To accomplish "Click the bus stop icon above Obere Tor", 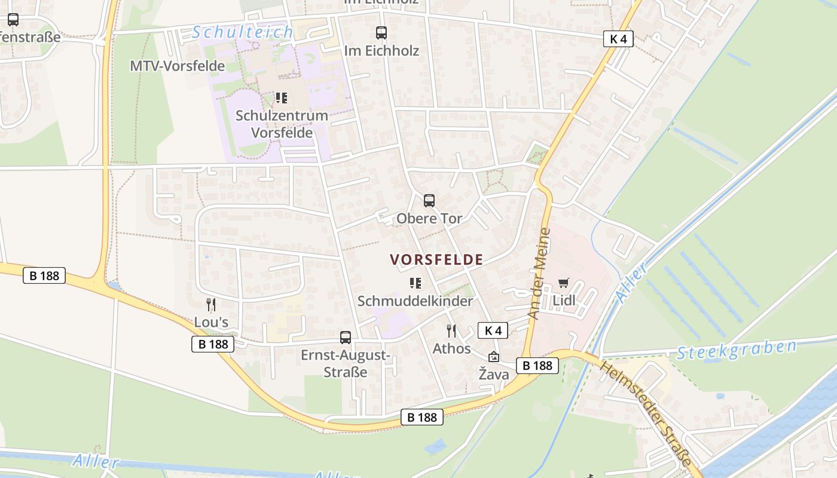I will (x=429, y=201).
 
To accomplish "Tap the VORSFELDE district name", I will (x=436, y=259).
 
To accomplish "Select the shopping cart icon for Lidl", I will (x=564, y=283).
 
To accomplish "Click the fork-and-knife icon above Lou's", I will (x=211, y=305).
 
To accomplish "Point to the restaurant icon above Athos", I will (x=451, y=330).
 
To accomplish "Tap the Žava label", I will (x=494, y=375).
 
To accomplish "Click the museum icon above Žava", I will (x=494, y=357).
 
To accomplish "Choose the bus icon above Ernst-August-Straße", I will (x=346, y=338).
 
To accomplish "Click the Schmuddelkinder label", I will (x=415, y=301).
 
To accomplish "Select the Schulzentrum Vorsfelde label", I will (x=282, y=124).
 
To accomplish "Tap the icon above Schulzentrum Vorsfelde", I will (x=281, y=98).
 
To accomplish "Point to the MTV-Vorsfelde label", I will (x=178, y=66).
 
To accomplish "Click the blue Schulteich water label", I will (x=243, y=32).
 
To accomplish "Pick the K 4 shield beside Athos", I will (x=493, y=330).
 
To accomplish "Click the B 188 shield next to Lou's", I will (x=213, y=344).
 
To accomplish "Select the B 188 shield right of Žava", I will (x=537, y=366).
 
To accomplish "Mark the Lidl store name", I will (x=564, y=301).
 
